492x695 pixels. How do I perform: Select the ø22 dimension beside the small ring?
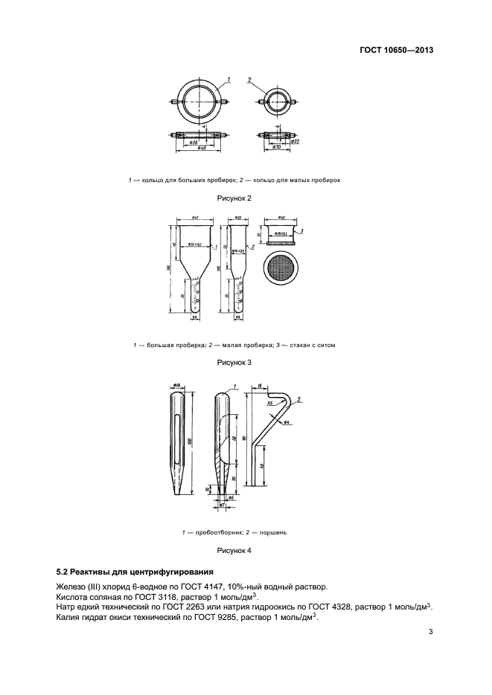tap(294, 141)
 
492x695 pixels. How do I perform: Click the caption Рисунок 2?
tap(234, 198)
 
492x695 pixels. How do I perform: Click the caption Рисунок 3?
tap(234, 362)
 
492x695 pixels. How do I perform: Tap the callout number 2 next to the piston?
tap(298, 400)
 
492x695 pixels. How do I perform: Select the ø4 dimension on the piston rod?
tap(286, 421)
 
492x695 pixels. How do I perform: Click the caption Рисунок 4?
tap(234, 551)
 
